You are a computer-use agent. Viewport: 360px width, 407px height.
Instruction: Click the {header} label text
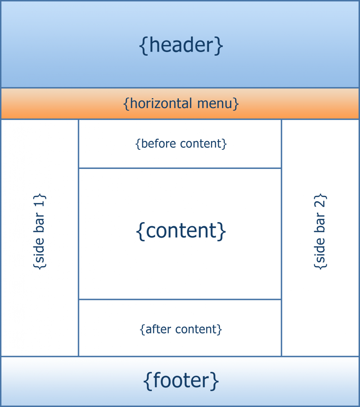click(x=181, y=46)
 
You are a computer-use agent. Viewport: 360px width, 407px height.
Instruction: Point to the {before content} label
click(x=181, y=143)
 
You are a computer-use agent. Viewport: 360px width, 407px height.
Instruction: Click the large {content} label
click(x=181, y=231)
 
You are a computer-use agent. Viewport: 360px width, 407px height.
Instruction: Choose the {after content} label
click(x=181, y=329)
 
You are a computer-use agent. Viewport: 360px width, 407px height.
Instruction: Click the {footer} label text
click(x=181, y=380)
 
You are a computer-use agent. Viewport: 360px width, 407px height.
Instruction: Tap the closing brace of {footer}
click(x=215, y=381)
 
